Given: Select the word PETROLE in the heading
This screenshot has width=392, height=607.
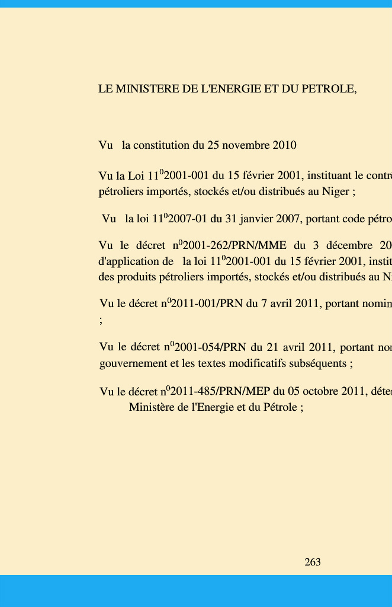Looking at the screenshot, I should pyautogui.click(x=329, y=90).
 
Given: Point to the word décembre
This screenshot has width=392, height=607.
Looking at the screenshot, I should pyautogui.click(x=345, y=246).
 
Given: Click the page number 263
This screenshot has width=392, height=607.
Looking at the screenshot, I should pyautogui.click(x=313, y=563).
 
